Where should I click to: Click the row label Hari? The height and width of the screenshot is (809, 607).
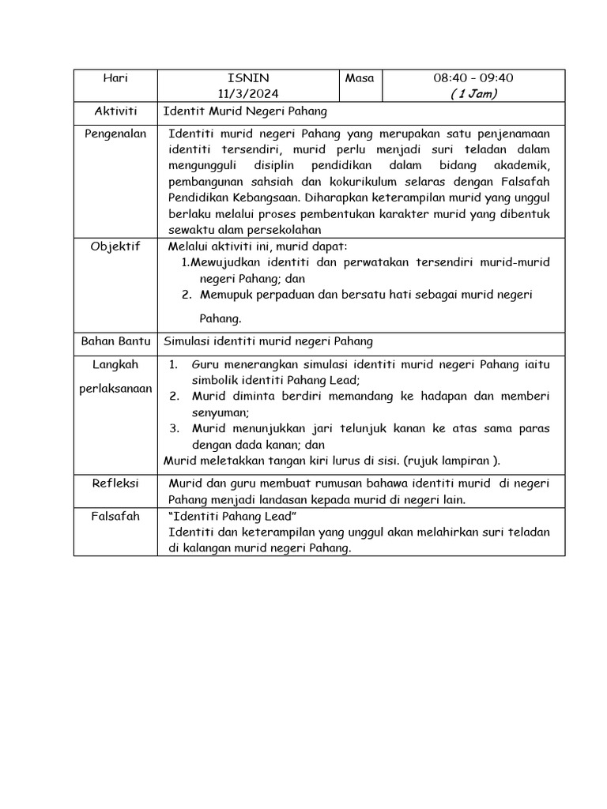115,78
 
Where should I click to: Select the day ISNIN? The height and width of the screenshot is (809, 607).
247,78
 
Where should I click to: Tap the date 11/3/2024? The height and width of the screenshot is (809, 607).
247,94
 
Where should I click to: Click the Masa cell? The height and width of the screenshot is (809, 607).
360,78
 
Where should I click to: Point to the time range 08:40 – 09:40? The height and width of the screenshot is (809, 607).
473,78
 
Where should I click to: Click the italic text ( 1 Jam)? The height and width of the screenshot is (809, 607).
473,94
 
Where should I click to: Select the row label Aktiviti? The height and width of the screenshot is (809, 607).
115,112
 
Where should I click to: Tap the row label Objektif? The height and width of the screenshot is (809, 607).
115,246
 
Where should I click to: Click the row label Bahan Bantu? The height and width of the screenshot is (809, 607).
115,341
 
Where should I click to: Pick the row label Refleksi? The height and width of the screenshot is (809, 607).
115,483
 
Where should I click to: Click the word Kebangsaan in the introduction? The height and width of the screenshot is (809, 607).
260,198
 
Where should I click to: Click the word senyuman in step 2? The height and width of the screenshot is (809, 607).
221,412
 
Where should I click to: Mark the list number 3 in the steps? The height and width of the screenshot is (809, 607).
175,428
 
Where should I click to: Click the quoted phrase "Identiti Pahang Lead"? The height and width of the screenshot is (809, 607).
232,516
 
